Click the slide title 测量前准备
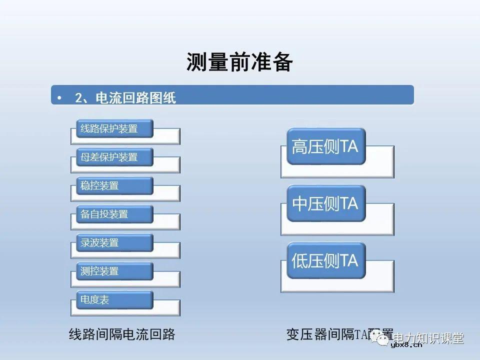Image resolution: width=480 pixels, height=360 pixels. pos(239,62)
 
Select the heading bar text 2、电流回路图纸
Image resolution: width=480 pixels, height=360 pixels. pos(125,97)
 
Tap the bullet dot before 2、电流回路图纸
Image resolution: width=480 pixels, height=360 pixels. pos(59,97)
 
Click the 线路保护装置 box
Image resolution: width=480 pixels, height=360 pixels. pos(114,128)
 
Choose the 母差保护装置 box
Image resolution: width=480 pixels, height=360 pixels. pos(114,157)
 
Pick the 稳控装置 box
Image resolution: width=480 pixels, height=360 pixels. pos(114,185)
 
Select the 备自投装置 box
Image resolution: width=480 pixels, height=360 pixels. pos(114,214)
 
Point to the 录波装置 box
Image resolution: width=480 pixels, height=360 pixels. pos(114,242)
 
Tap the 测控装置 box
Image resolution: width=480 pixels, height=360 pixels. pos(114,271)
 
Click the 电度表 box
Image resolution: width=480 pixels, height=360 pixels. pos(114,300)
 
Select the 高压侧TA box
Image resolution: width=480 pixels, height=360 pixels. pos(325,146)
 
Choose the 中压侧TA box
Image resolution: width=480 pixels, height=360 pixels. pos(325,203)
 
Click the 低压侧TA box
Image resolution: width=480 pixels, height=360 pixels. pos(325,260)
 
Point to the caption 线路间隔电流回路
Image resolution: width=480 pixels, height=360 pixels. pos(122,334)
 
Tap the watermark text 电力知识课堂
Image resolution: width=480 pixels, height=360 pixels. pos(428,338)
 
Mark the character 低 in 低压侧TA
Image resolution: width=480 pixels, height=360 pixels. pos(299,260)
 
